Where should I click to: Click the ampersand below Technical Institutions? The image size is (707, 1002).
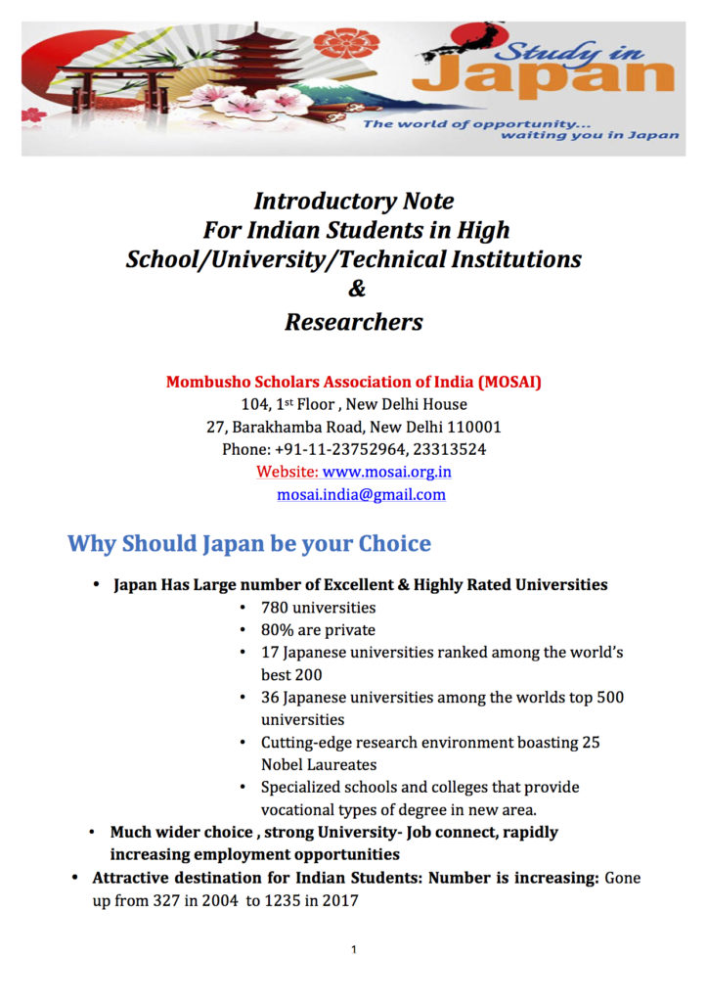[355, 290]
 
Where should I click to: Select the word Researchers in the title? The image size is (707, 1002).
[354, 322]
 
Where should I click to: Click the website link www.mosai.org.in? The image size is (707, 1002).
[386, 472]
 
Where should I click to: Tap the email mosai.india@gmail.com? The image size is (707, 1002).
[361, 495]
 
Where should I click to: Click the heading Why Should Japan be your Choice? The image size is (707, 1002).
[248, 543]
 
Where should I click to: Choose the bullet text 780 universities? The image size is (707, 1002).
[318, 608]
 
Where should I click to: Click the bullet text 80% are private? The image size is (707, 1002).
[318, 630]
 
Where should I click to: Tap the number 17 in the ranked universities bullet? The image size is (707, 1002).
[269, 653]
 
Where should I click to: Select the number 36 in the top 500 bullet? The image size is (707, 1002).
[270, 698]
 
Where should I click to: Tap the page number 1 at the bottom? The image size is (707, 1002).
[353, 950]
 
